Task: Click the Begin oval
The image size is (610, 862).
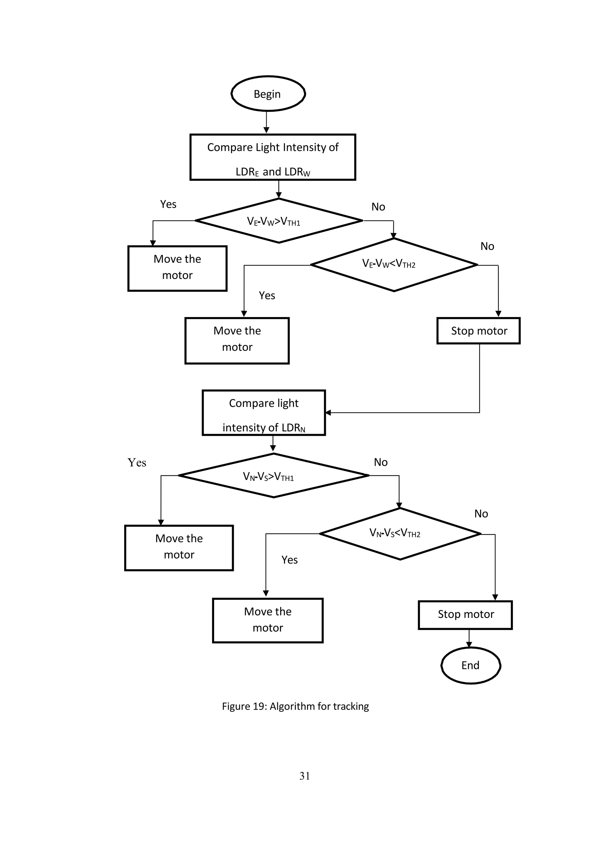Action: coord(268,94)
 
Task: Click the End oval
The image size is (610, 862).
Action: coord(470,665)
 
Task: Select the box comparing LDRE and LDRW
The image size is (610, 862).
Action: coord(273,157)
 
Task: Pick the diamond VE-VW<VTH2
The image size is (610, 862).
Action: coord(394,265)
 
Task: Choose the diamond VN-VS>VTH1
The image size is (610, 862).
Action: coord(273,476)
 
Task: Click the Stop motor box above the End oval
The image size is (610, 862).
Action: coord(465,615)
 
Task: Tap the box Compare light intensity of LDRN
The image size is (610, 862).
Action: coord(264,413)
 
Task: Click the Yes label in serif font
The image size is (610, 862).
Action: coord(137,463)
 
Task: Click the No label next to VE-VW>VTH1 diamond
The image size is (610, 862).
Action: coord(378,207)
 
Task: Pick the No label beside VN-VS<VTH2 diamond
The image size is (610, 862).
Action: coord(481,513)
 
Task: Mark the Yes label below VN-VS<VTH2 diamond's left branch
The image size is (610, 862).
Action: coord(289,560)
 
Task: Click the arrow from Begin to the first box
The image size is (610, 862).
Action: coord(266,122)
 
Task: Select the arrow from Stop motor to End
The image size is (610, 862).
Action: coord(469,638)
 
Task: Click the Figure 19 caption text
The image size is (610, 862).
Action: coord(295,707)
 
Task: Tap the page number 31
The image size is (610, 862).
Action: coord(305,776)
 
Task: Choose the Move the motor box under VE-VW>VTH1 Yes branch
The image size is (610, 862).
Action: coord(177,268)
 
